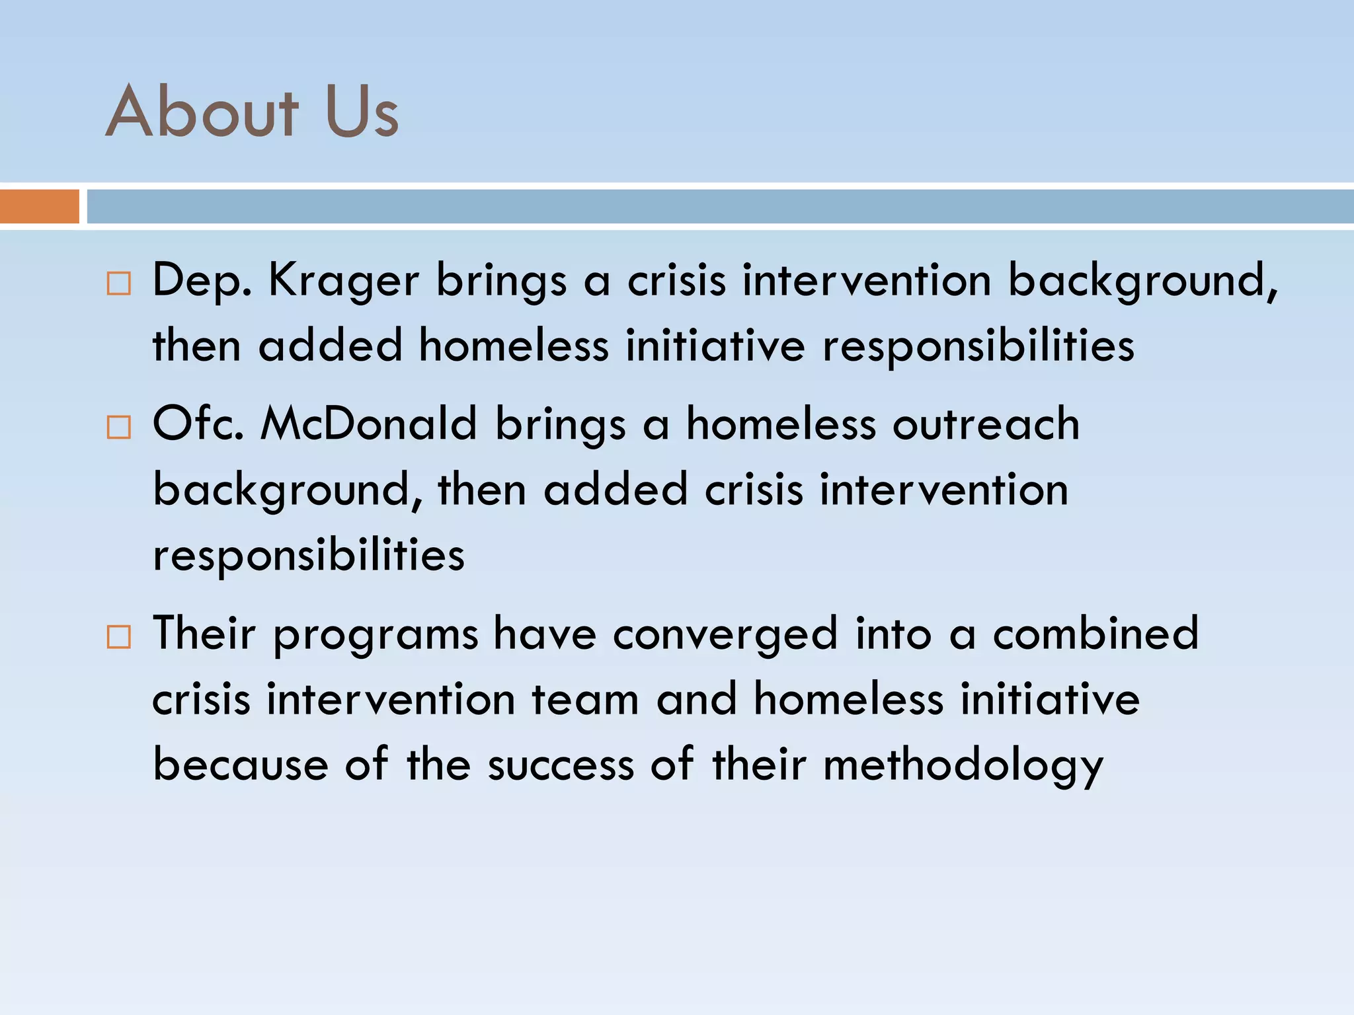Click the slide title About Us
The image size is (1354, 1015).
[x=252, y=112]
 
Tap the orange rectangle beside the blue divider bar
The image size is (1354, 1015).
[x=39, y=206]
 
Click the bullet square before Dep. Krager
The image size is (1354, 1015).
[x=119, y=283]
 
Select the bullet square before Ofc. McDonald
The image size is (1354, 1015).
[x=119, y=428]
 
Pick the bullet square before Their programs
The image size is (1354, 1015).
[x=119, y=637]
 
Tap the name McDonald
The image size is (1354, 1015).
[x=368, y=424]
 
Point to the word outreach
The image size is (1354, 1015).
[x=986, y=424]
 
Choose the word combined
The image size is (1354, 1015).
[x=1095, y=633]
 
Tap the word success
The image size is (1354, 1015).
[x=561, y=765]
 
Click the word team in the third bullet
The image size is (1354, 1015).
[x=585, y=700]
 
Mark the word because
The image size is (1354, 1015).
[x=241, y=765]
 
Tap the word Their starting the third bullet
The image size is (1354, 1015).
[x=204, y=633]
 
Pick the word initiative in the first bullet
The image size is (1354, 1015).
[x=715, y=346]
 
